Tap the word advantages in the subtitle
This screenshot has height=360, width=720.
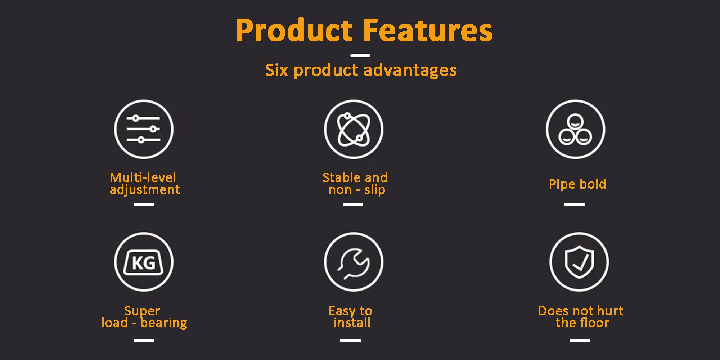tap(410, 70)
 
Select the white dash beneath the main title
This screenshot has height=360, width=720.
tap(360, 55)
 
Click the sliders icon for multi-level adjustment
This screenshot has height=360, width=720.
tap(144, 129)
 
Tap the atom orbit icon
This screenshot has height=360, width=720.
tap(354, 129)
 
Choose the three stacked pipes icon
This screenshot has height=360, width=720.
tap(575, 129)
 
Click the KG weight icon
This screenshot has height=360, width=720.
tap(144, 262)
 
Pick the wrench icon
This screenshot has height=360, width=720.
tap(354, 262)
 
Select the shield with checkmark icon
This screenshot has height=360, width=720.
tap(579, 262)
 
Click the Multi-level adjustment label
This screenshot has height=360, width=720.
tap(144, 184)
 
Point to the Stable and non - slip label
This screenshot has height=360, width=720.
tap(355, 184)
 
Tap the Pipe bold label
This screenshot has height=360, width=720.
tap(577, 184)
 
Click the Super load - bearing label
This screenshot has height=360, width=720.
tap(144, 317)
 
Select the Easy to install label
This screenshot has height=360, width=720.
tap(351, 317)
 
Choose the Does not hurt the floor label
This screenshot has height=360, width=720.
tap(581, 317)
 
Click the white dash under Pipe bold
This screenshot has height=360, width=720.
tap(575, 204)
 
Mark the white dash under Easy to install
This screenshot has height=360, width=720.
tap(350, 341)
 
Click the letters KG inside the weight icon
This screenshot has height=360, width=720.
tap(144, 263)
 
